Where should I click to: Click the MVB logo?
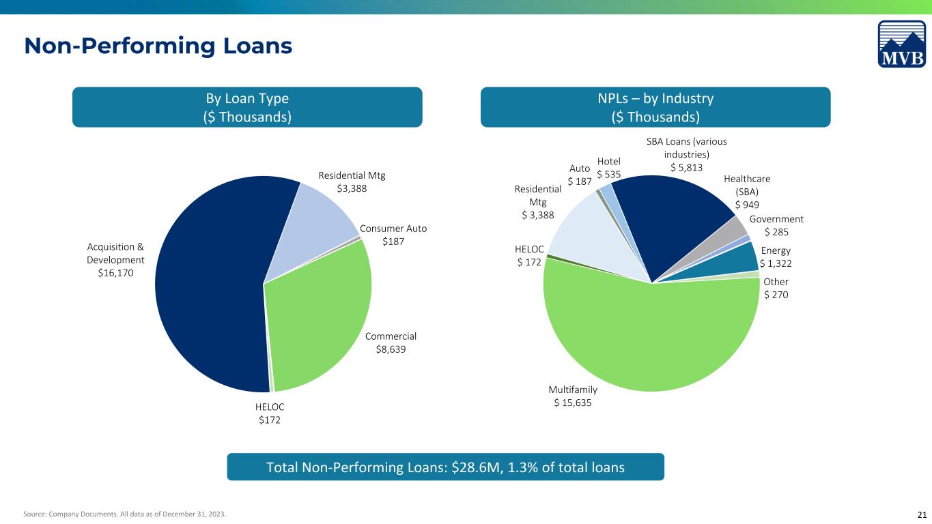902,44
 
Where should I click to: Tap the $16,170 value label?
115,273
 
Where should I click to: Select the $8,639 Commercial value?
391,349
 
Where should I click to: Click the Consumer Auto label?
393,229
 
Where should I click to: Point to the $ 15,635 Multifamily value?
572,403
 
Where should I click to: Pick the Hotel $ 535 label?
609,168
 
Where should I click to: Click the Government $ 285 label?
776,225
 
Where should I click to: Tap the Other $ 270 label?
776,288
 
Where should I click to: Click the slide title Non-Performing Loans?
158,46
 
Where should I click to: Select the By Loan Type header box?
247,107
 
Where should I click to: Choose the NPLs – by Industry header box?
655,107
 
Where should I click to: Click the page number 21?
922,514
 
